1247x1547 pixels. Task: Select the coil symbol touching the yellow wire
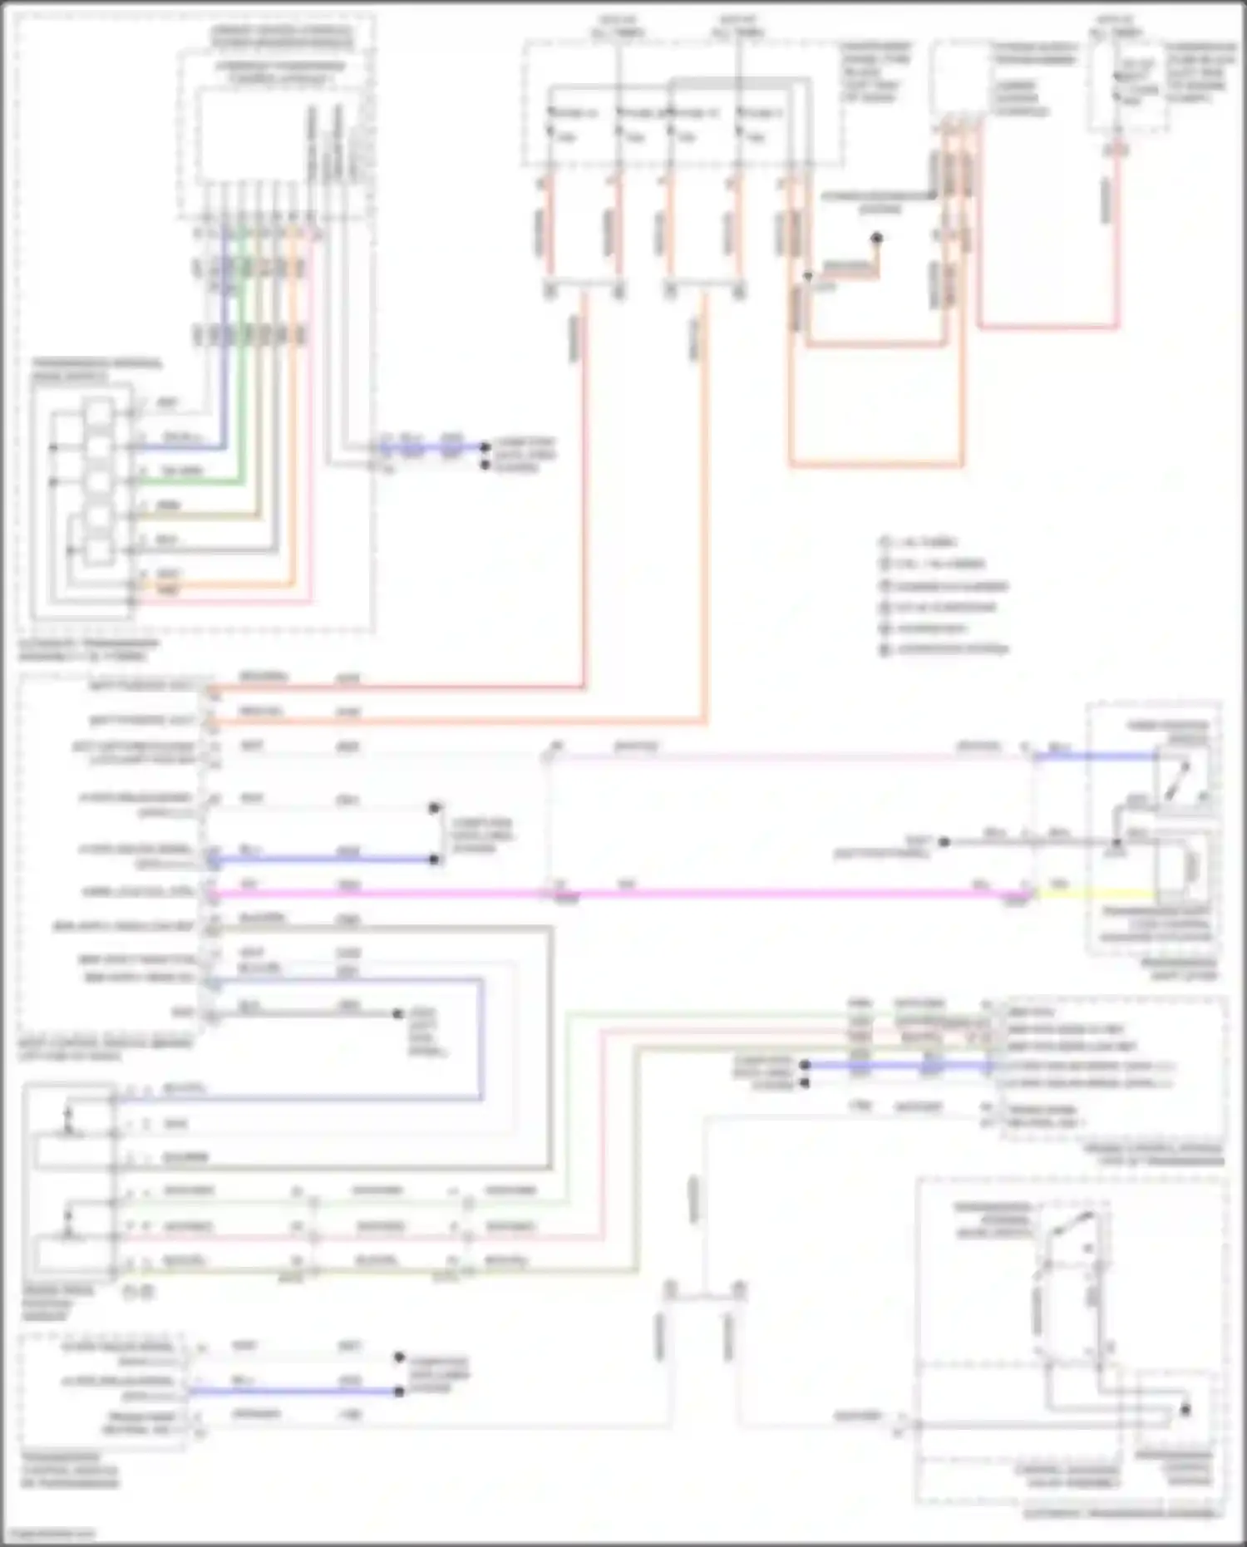[x=1191, y=866]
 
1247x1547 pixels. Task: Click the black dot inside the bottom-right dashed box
[x=1185, y=1410]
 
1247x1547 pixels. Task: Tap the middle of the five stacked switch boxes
[x=99, y=482]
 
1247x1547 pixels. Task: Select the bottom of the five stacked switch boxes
[x=99, y=551]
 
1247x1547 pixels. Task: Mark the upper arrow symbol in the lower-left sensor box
[x=69, y=1114]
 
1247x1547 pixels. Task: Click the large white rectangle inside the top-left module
[x=249, y=137]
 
